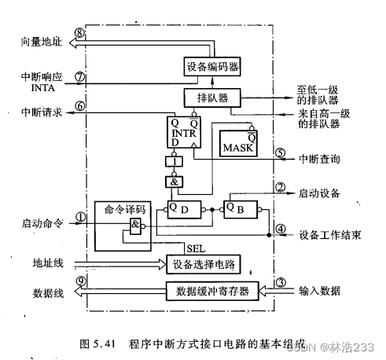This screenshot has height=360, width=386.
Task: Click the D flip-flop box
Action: [x=182, y=211]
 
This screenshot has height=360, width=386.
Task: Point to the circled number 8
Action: [x=79, y=34]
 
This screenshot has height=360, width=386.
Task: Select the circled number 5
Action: [x=279, y=152]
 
